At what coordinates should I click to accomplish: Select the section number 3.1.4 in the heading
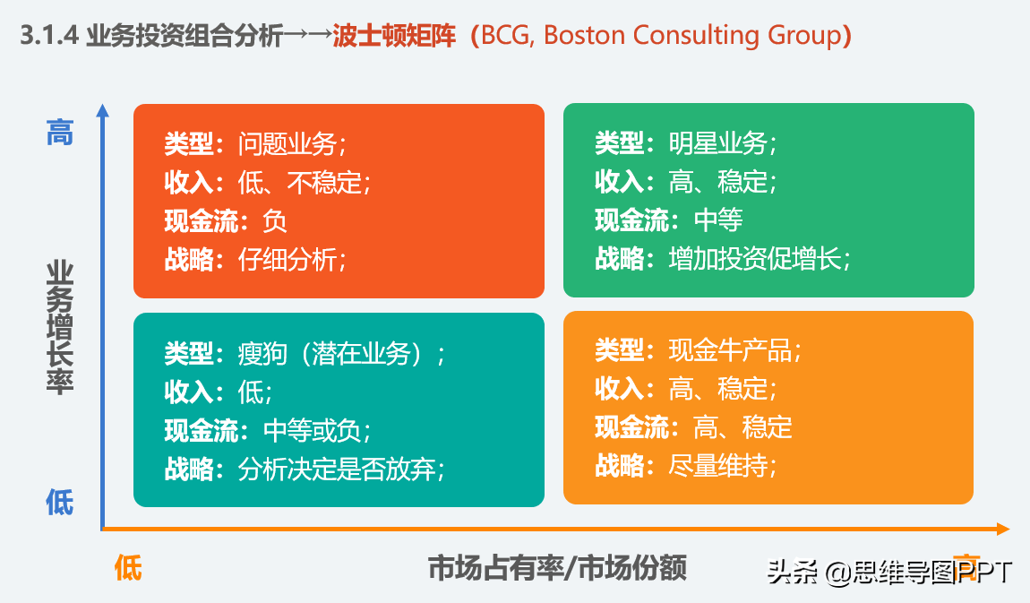pyautogui.click(x=50, y=36)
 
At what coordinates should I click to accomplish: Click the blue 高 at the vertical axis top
pyautogui.click(x=60, y=134)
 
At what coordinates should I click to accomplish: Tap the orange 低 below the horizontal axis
pyautogui.click(x=128, y=568)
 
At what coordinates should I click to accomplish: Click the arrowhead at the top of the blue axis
pyautogui.click(x=103, y=111)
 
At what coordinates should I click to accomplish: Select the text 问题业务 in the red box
pyautogui.click(x=287, y=143)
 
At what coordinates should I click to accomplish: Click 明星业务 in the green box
pyautogui.click(x=717, y=143)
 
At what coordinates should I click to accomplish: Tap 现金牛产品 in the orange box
pyautogui.click(x=730, y=350)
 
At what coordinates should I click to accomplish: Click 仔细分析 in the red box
pyautogui.click(x=287, y=260)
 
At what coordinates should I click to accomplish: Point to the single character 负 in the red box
pyautogui.click(x=275, y=220)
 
